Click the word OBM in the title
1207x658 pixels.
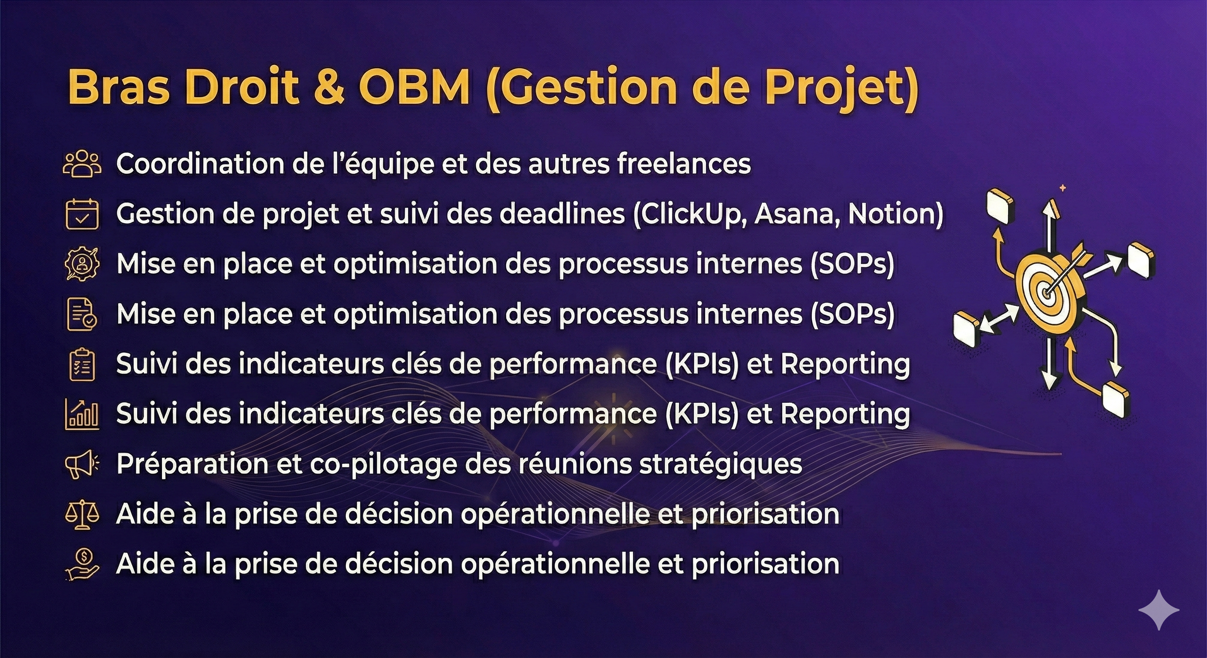coord(414,87)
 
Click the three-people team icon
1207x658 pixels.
coord(82,164)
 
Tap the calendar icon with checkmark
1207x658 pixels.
coord(82,214)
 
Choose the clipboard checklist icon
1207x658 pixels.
coord(82,364)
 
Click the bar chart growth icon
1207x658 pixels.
coord(82,414)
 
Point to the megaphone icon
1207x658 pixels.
coord(82,464)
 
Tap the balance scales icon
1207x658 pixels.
coord(82,514)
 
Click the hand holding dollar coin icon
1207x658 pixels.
coord(82,564)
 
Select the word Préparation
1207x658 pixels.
coord(192,464)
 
